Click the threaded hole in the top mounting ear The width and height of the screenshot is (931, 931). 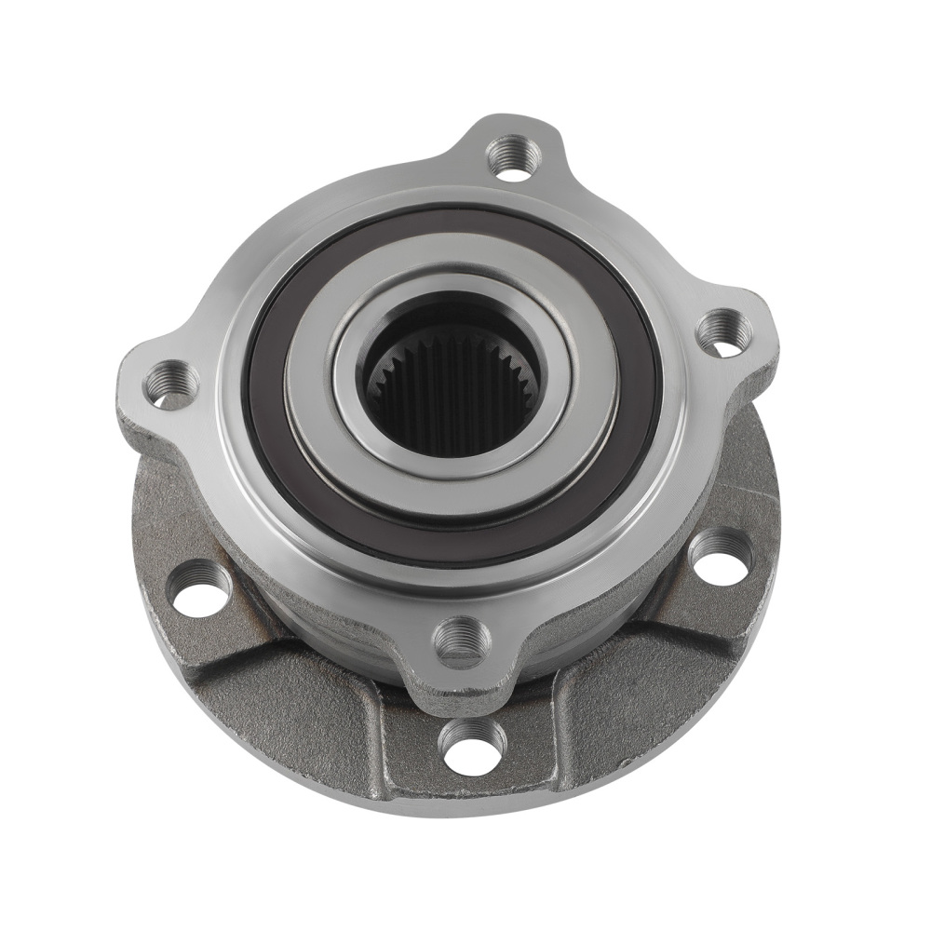click(x=513, y=156)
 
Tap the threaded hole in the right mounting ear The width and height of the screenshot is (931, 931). click(x=724, y=332)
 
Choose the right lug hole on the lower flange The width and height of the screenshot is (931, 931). click(x=720, y=556)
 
